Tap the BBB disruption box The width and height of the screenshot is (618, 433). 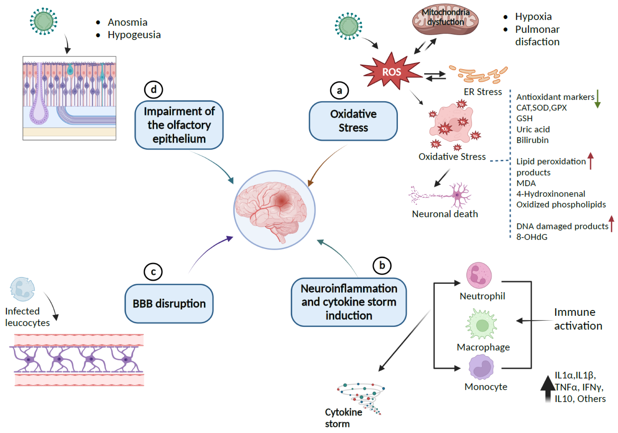point(169,304)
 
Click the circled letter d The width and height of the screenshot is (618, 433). point(153,90)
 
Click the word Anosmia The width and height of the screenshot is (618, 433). point(128,22)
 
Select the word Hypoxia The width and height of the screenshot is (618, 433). point(533,17)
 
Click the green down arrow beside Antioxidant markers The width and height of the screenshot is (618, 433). point(597,99)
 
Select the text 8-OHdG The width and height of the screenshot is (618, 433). point(532,237)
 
